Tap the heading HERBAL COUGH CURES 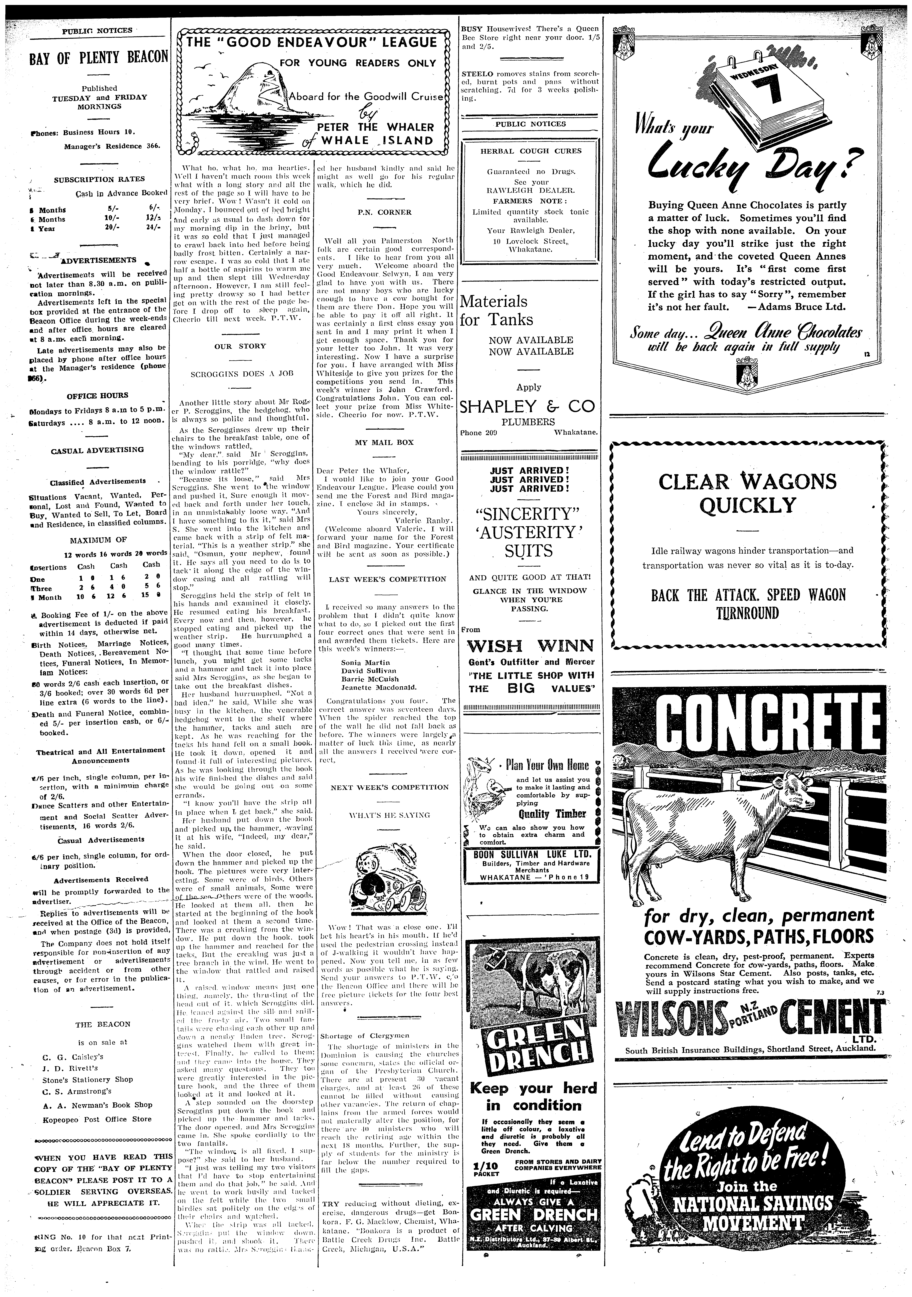pos(531,151)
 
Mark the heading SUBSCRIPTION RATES pos(99,179)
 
